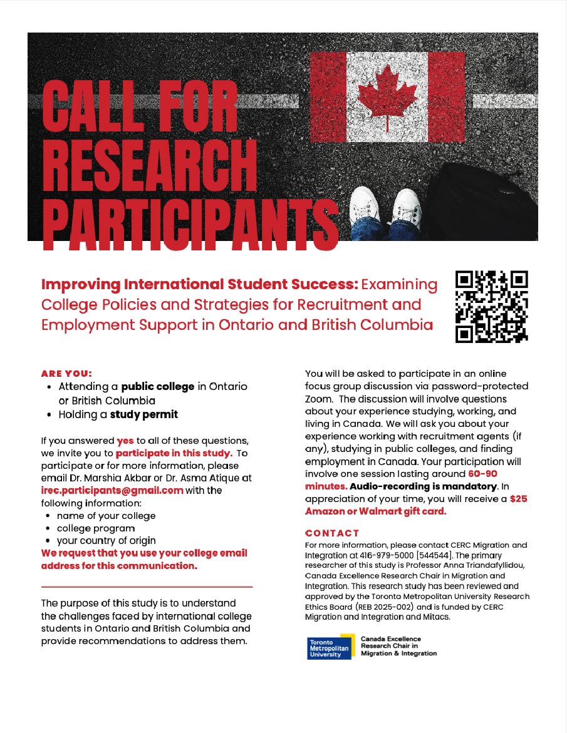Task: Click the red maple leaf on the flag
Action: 387,96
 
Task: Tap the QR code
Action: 492,306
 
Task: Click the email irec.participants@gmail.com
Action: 112,490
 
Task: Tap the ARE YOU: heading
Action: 66,374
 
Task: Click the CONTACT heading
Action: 332,533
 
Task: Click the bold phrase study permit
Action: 144,414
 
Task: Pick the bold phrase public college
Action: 158,387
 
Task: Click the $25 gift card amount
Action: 518,500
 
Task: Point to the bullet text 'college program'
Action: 96,528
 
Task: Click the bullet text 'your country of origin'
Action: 107,541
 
